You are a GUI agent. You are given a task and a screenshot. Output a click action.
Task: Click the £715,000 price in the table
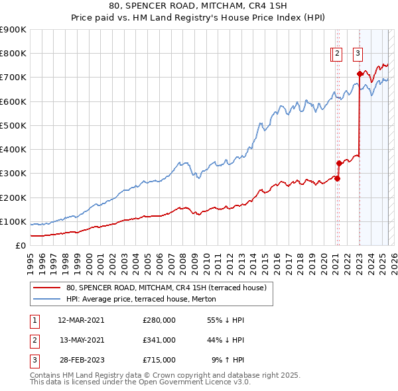159,360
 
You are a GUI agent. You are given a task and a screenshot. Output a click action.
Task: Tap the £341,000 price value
159,340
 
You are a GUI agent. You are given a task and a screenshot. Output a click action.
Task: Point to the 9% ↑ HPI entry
226,360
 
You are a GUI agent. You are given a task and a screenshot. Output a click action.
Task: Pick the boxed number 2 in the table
34,340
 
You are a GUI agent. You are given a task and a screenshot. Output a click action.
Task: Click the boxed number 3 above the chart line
358,54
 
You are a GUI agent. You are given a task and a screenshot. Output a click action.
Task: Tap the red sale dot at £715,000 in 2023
360,74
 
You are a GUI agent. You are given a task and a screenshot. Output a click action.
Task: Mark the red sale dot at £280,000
337,178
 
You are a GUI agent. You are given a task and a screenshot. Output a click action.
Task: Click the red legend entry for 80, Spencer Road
166,288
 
